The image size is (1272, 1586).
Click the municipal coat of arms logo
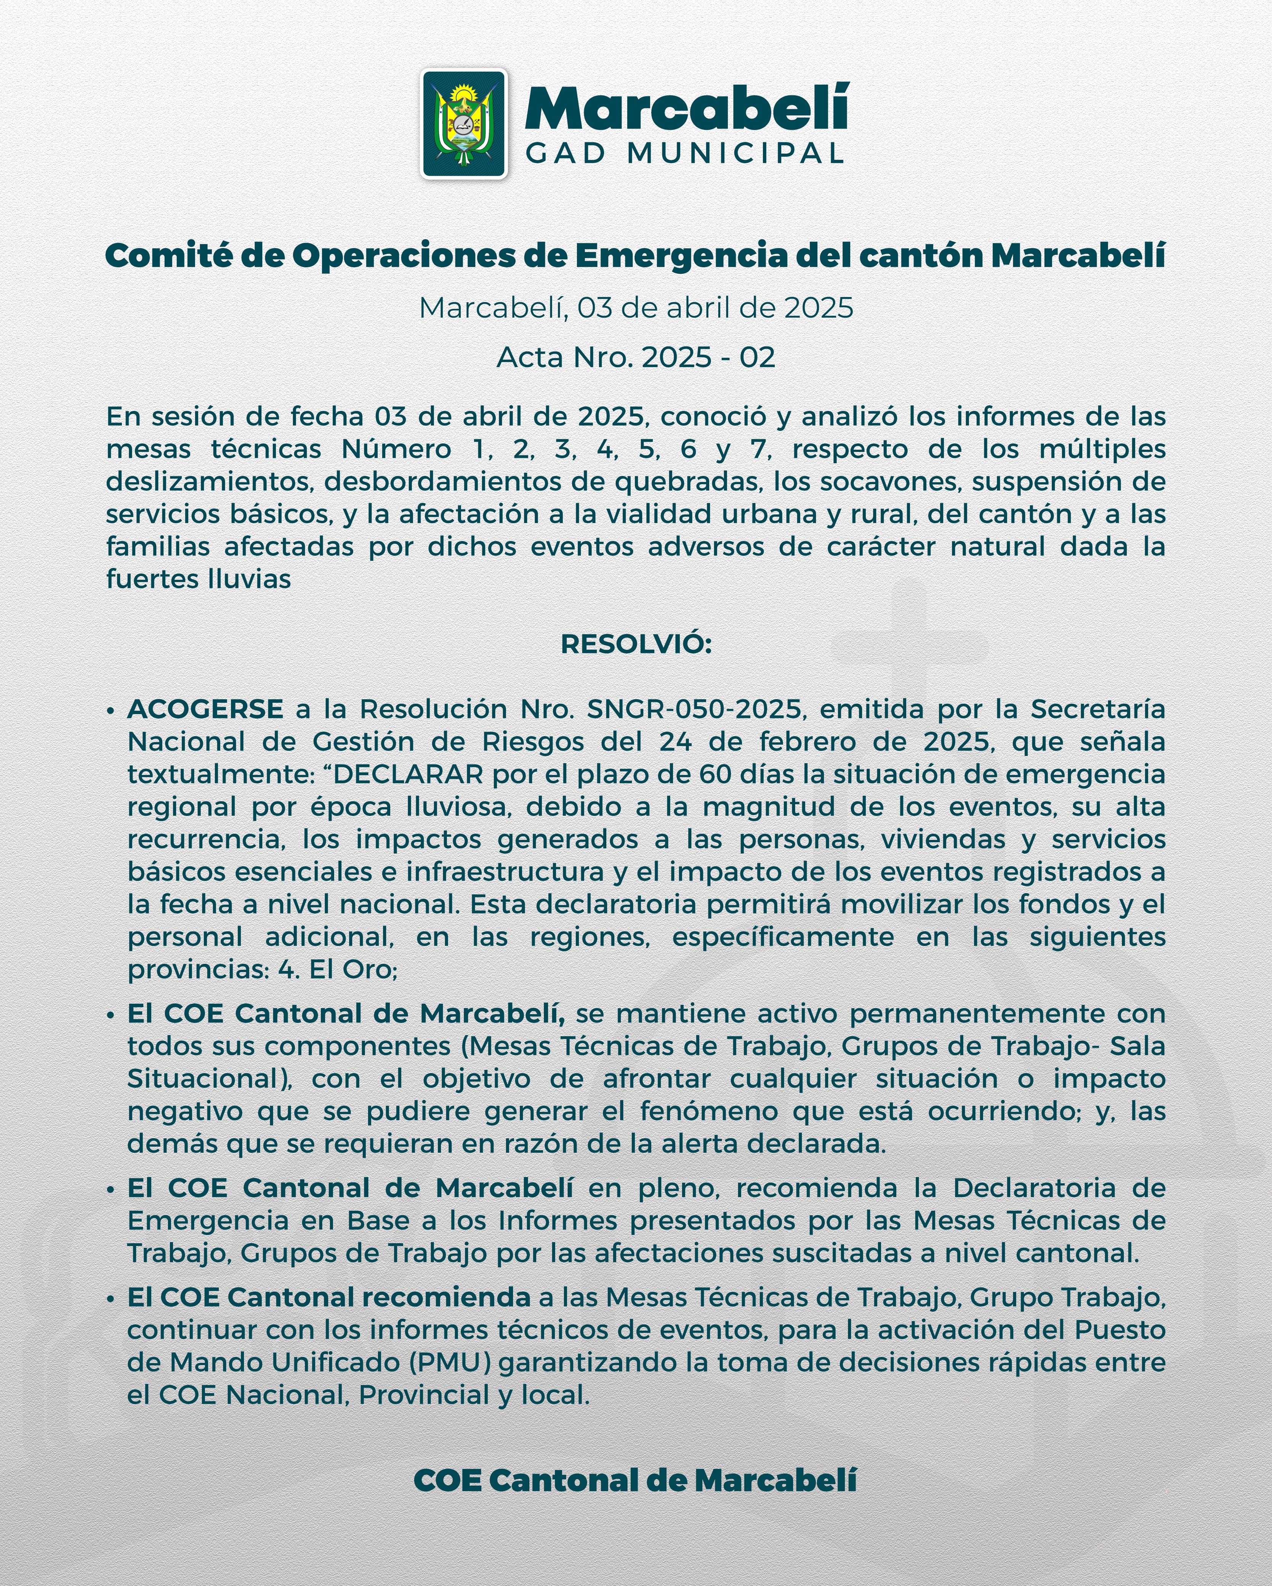click(463, 124)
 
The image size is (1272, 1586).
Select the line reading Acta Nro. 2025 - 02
click(636, 358)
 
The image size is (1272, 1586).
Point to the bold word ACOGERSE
click(205, 709)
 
